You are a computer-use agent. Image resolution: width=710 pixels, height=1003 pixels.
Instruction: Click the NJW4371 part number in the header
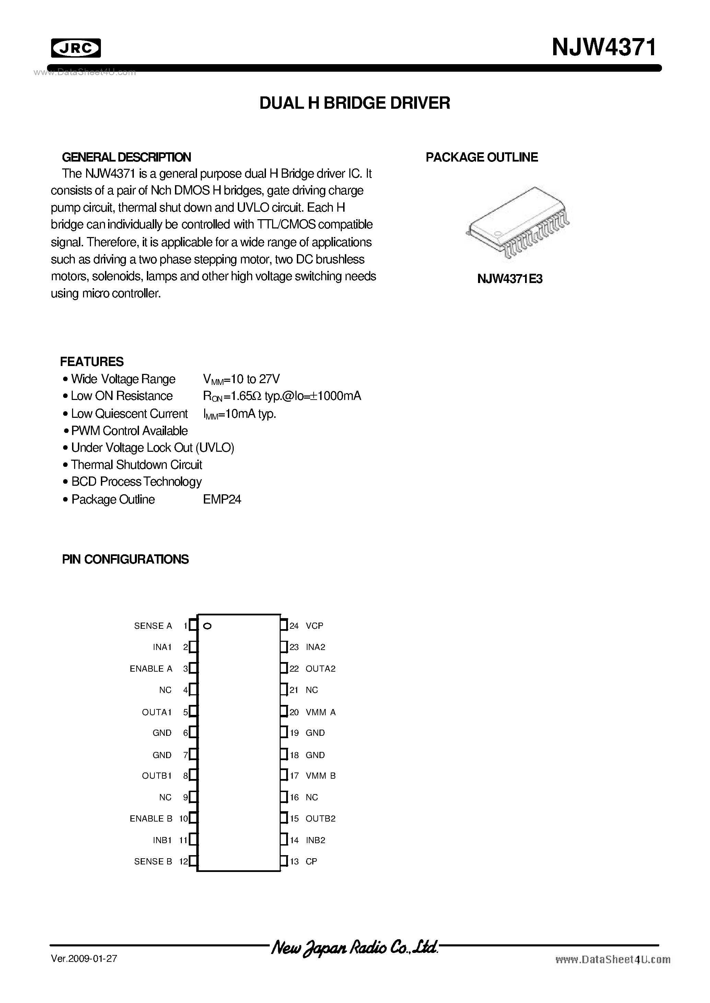(604, 47)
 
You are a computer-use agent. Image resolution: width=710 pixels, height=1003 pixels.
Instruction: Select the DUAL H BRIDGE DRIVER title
(354, 103)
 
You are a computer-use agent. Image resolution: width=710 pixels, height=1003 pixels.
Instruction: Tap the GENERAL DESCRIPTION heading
(126, 157)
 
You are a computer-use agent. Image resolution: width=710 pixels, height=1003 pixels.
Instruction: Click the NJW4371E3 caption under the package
(510, 279)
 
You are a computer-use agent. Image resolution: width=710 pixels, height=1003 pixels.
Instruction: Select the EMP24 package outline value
(222, 499)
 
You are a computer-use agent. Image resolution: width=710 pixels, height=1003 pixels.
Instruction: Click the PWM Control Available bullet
(129, 431)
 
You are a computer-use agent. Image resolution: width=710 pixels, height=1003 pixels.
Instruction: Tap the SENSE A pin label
(153, 626)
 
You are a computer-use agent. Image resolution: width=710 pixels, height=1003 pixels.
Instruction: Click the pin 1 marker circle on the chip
(208, 626)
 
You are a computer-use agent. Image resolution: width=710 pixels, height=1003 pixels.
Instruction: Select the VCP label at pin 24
(314, 626)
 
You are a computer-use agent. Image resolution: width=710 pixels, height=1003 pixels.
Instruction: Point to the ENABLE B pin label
(151, 818)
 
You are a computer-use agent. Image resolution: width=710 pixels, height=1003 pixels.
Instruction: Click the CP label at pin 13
(311, 861)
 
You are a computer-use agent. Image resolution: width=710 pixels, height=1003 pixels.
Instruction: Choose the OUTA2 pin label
(321, 669)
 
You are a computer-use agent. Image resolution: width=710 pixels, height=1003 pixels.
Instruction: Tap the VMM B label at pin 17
(321, 776)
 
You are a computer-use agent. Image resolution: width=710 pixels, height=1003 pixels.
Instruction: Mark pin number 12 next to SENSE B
(183, 861)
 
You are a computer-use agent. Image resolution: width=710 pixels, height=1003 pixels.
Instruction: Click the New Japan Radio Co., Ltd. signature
(354, 947)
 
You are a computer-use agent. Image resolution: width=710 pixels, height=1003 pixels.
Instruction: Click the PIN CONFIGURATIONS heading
(126, 559)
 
